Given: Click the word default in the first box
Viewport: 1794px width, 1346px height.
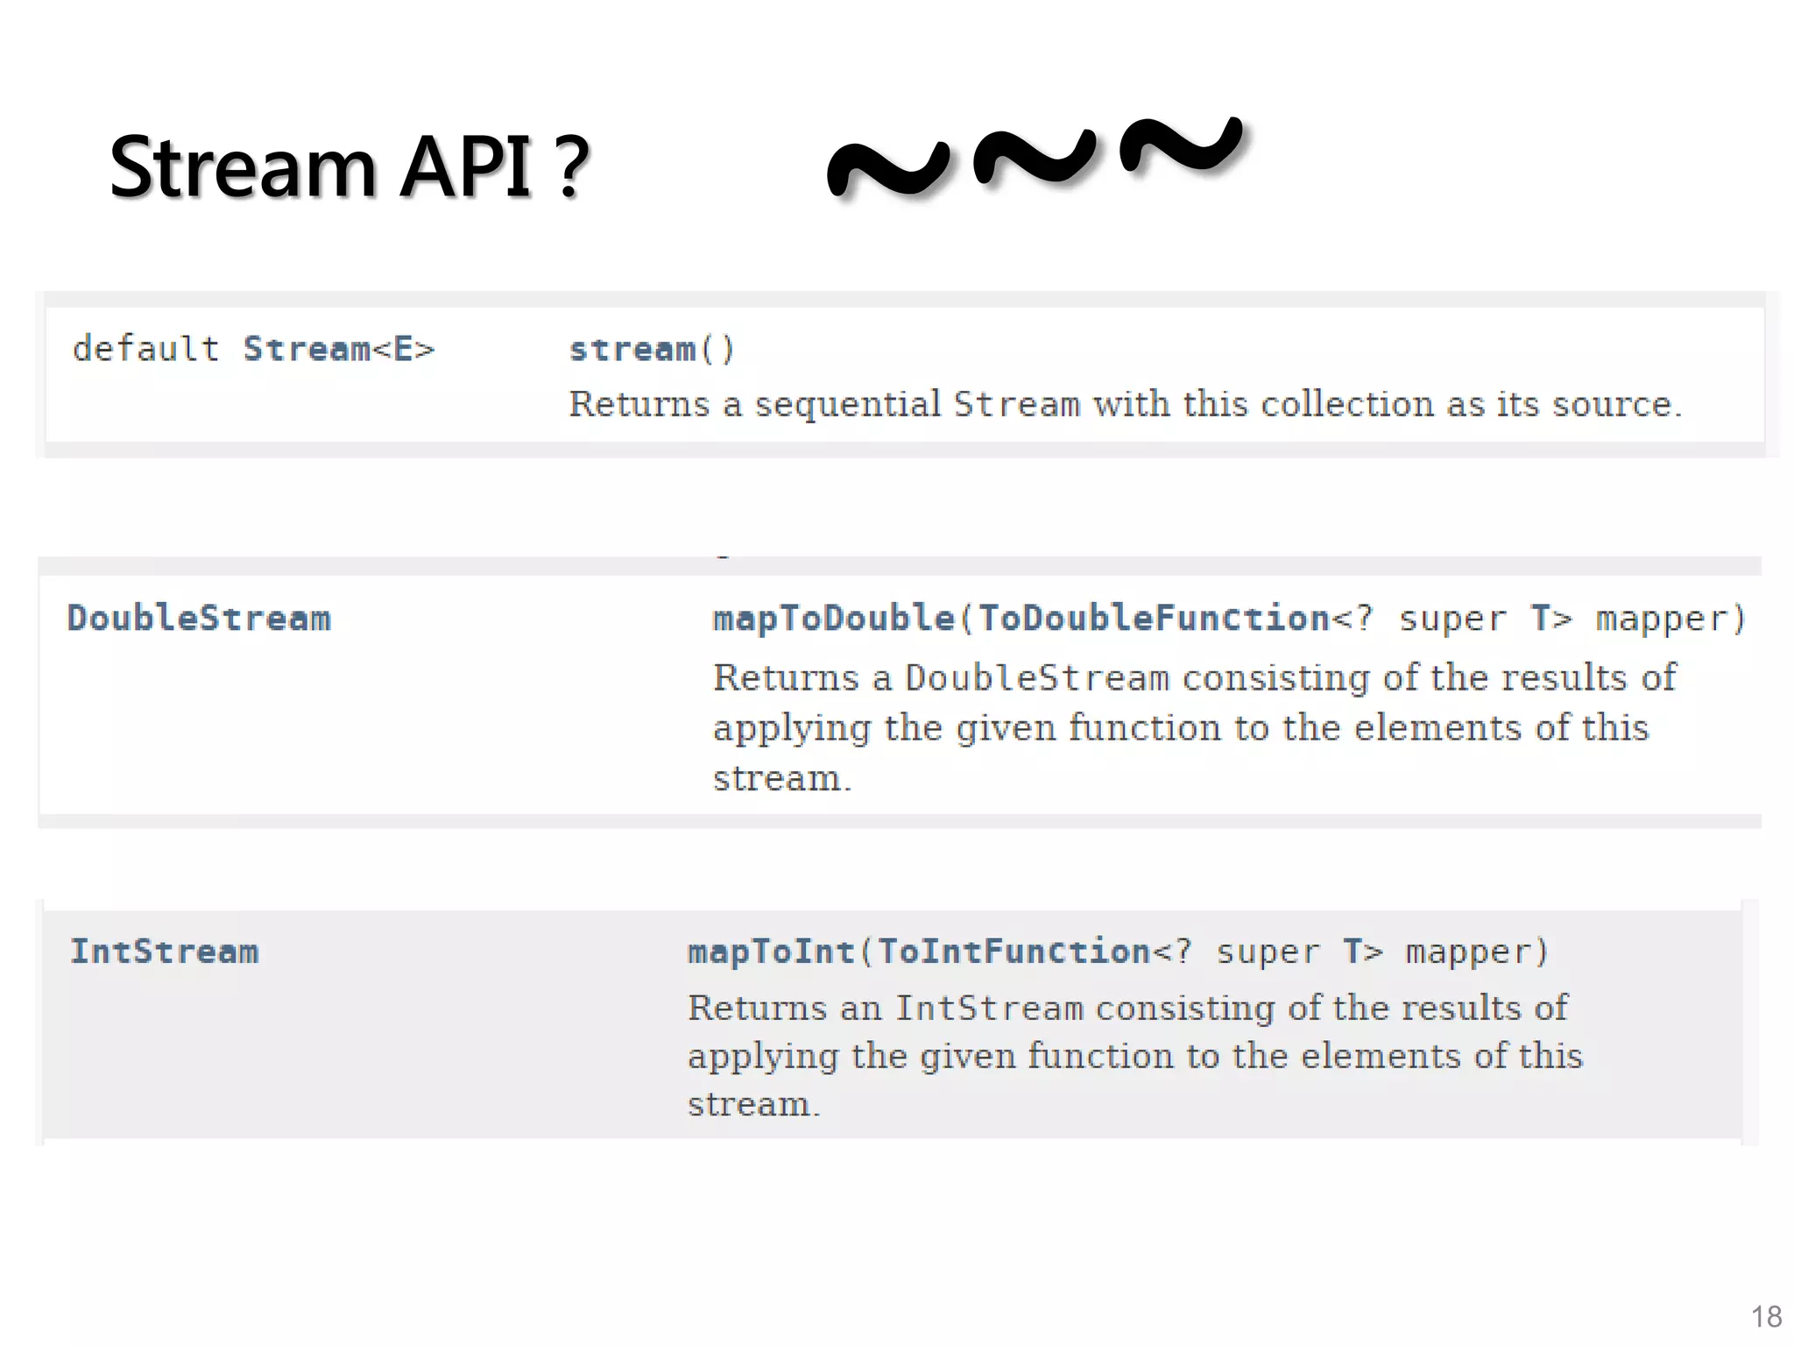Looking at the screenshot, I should (145, 349).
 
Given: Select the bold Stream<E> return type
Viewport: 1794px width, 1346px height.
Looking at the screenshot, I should (339, 349).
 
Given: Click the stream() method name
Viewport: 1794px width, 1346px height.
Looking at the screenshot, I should (633, 350).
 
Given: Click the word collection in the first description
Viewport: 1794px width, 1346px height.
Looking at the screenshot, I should (1346, 404).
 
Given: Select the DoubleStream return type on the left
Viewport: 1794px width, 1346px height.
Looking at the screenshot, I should (200, 619).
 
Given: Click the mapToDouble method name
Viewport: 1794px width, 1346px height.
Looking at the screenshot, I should (834, 619).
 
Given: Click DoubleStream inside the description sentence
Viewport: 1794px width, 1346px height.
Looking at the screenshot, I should (1036, 678).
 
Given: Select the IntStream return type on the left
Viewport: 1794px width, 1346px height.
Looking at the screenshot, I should (165, 952).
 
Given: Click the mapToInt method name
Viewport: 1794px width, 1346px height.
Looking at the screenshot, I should (771, 952).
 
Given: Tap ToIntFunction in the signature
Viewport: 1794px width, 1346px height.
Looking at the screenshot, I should (1014, 952).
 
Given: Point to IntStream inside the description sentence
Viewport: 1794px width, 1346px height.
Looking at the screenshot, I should (989, 1009).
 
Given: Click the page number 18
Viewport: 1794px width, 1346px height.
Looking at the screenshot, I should (1766, 1317).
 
